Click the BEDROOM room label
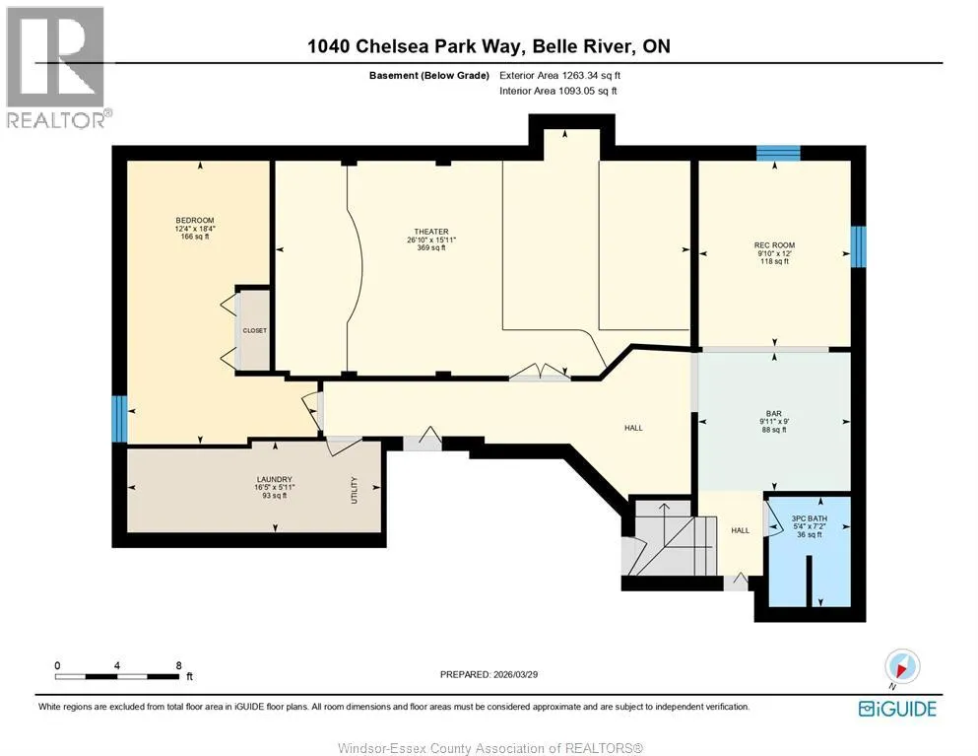[195, 221]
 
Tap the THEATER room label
[431, 232]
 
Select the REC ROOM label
[774, 245]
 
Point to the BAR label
[774, 413]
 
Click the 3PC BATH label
[809, 518]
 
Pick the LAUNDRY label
[275, 479]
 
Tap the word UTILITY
[354, 490]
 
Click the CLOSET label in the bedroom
[254, 330]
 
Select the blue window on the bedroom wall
[120, 418]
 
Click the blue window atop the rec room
[778, 153]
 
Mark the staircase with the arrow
[671, 538]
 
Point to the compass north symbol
[902, 666]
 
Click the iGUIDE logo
[897, 709]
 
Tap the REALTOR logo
[57, 67]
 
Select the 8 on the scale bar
[179, 665]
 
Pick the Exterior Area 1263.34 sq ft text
[559, 76]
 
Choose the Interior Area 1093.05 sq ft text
[558, 91]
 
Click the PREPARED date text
[489, 674]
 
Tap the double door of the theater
[540, 372]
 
